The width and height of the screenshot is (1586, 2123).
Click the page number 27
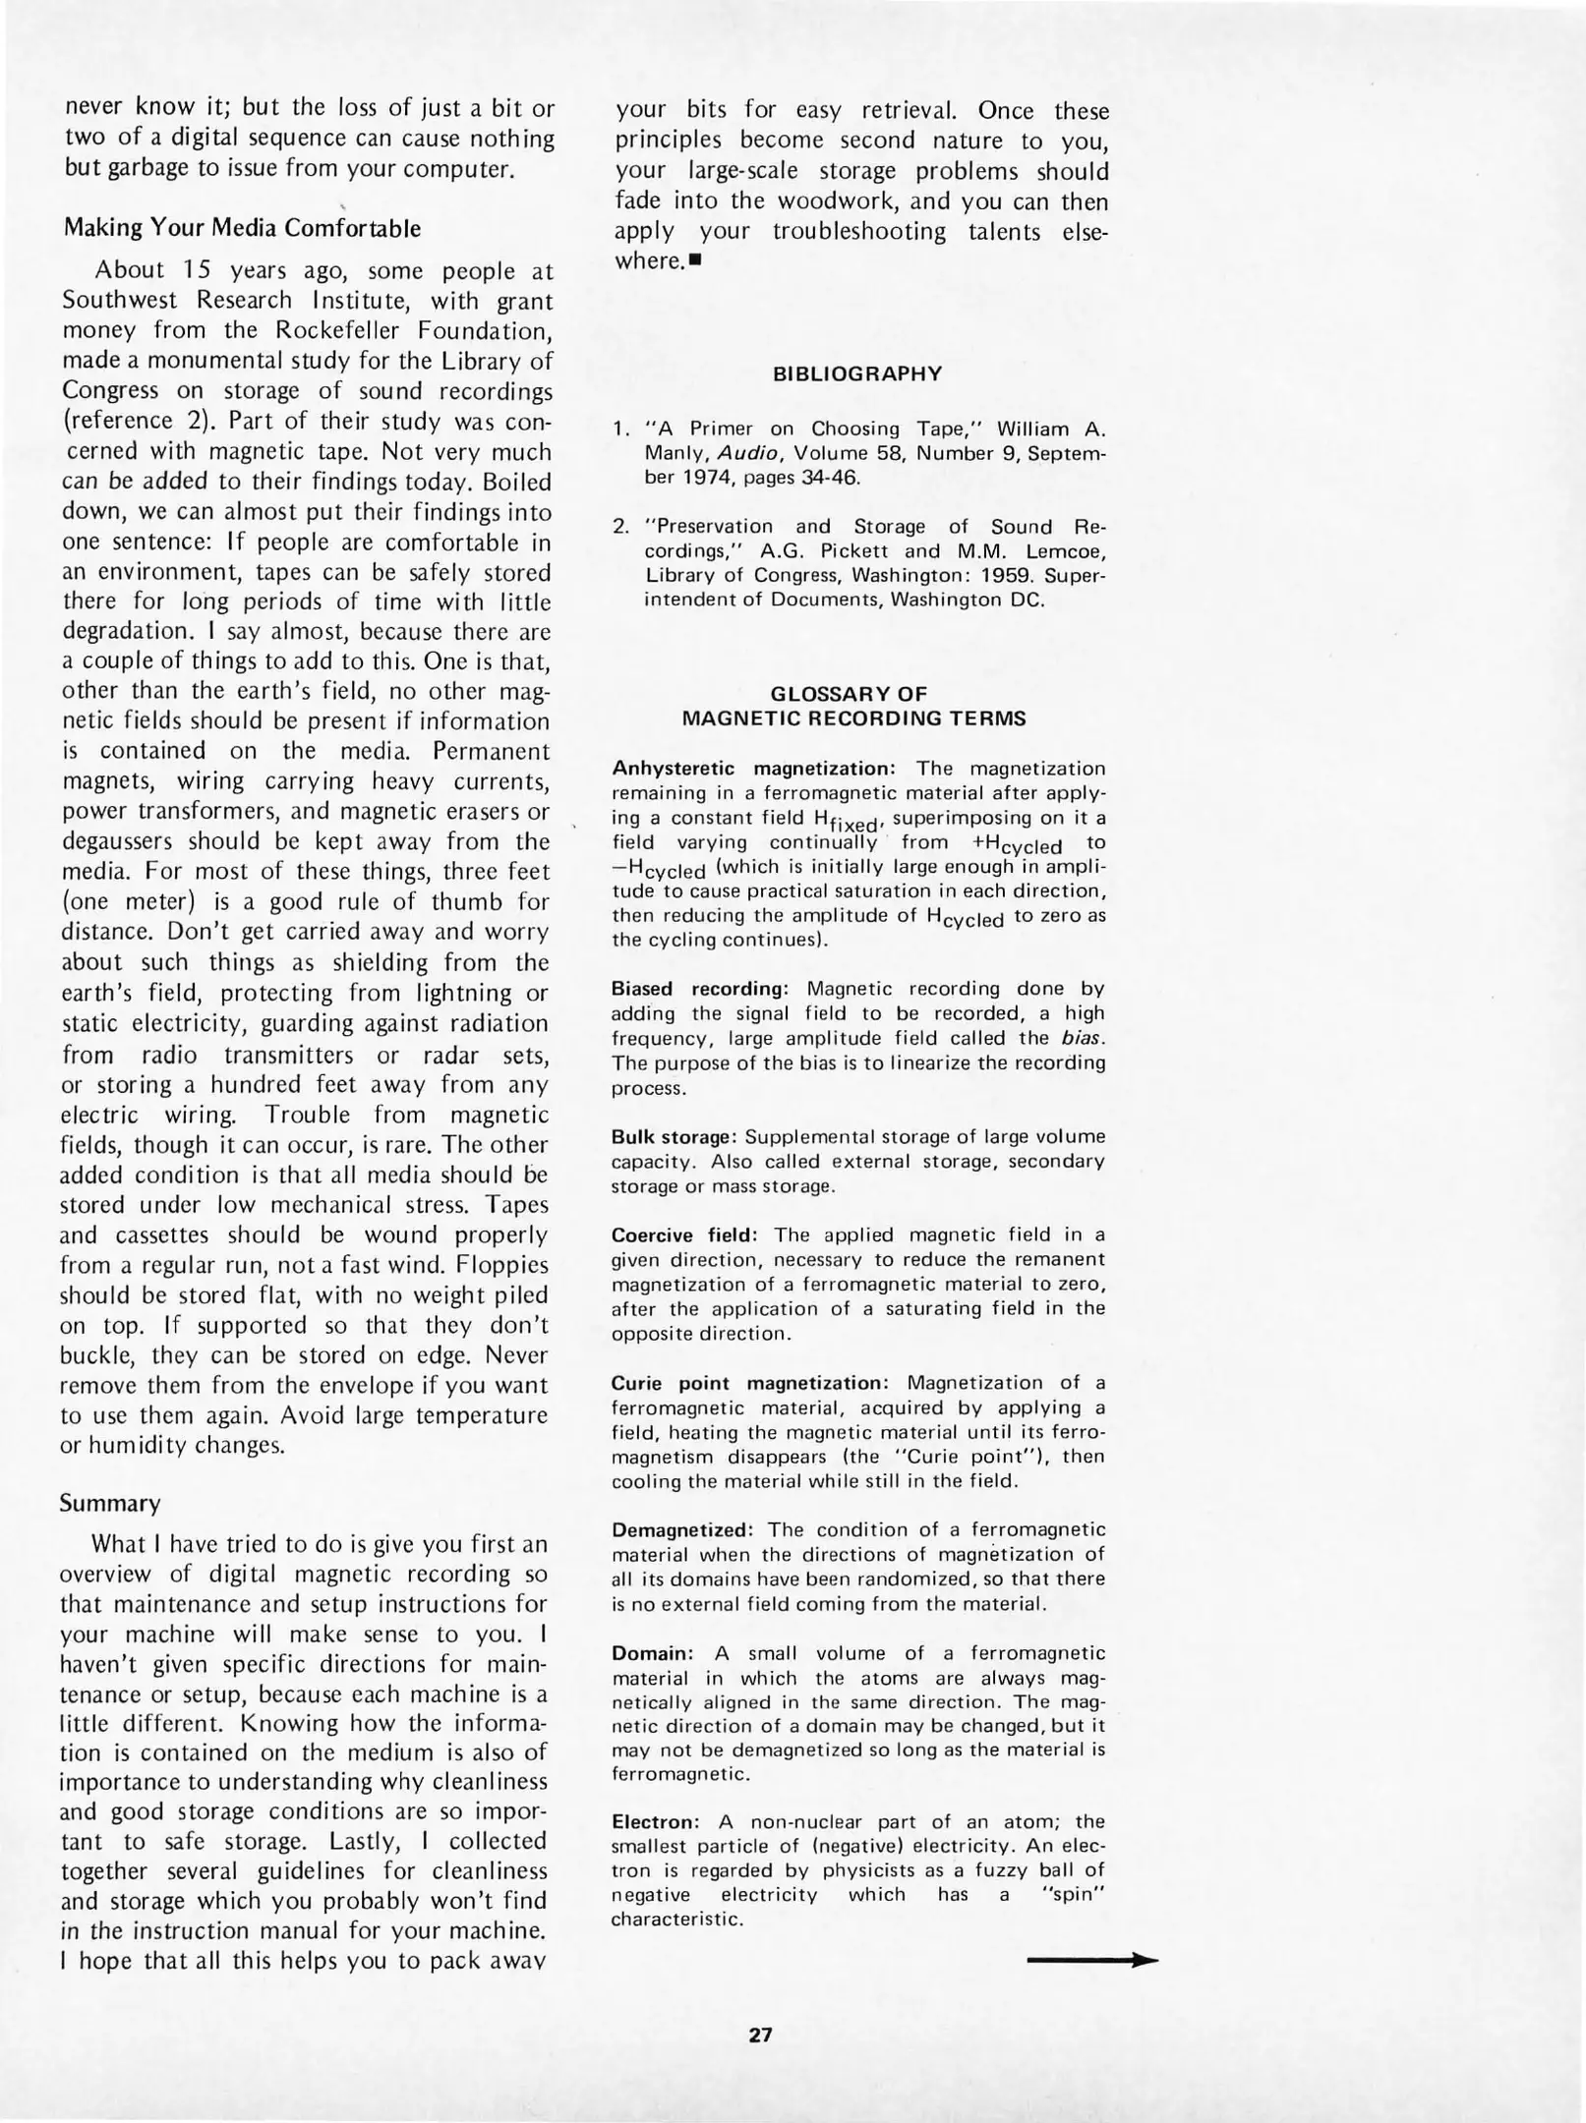(x=760, y=2035)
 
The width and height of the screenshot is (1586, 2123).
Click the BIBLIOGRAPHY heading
(x=857, y=374)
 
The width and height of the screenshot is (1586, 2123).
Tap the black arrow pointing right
(x=1091, y=1961)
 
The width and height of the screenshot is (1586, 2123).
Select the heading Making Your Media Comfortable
(x=242, y=228)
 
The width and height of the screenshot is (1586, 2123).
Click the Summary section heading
(x=109, y=1503)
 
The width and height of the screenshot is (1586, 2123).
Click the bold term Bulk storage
(x=674, y=1136)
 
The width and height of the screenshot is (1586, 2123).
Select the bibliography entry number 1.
(x=620, y=430)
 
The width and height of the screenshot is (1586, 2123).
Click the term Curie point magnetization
(x=750, y=1383)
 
